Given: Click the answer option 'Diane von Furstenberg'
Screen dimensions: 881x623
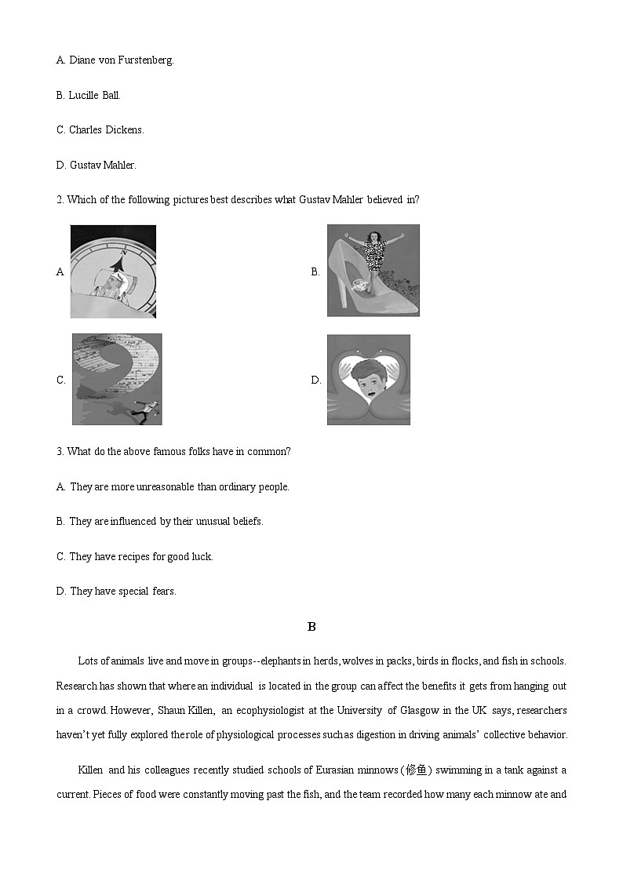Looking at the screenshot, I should (115, 60).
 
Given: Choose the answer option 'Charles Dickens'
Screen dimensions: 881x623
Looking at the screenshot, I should (100, 129).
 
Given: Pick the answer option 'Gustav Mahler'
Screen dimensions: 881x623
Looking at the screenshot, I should (97, 165).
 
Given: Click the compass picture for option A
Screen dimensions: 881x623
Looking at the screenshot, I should (113, 271).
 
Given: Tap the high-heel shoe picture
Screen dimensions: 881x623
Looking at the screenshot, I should (373, 271).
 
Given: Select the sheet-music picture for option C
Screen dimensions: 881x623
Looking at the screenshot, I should (117, 379).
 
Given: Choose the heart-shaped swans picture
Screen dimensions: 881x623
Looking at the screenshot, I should (368, 380).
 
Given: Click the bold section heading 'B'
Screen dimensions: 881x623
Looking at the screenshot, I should (311, 626).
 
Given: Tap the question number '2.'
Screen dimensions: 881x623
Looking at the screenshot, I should (60, 199).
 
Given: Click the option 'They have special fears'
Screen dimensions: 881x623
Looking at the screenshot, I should (116, 591).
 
